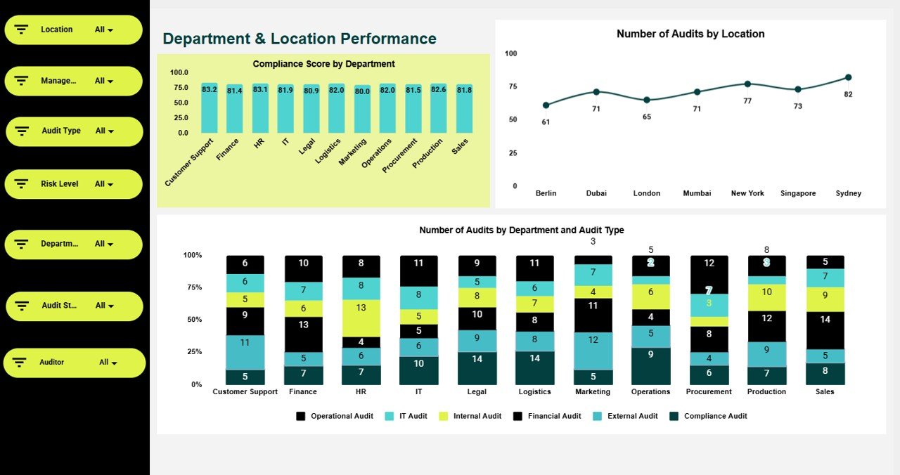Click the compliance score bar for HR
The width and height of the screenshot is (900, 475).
[260, 108]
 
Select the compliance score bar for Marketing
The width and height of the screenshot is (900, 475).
[362, 109]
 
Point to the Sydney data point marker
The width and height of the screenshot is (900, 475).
[848, 77]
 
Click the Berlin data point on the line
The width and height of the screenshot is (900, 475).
[546, 105]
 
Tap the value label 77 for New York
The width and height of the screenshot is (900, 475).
[747, 101]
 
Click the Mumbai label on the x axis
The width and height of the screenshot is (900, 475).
[697, 193]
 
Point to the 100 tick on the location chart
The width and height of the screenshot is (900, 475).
[510, 53]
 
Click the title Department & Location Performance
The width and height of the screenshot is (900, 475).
[300, 39]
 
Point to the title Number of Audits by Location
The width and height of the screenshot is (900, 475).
[690, 34]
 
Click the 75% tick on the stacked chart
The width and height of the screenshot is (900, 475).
[192, 287]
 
